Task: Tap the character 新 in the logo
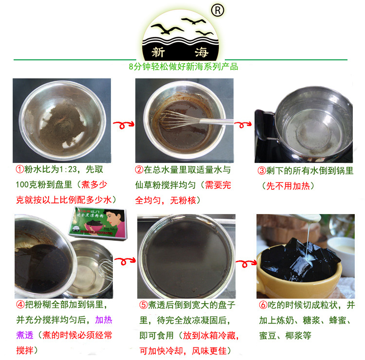point(158,52)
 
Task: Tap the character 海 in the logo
point(201,52)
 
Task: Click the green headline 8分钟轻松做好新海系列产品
point(183,67)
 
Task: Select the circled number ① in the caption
point(19,170)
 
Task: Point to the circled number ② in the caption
point(139,170)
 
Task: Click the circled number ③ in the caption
point(262,171)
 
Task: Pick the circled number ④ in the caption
point(19,305)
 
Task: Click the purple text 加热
point(103,320)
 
